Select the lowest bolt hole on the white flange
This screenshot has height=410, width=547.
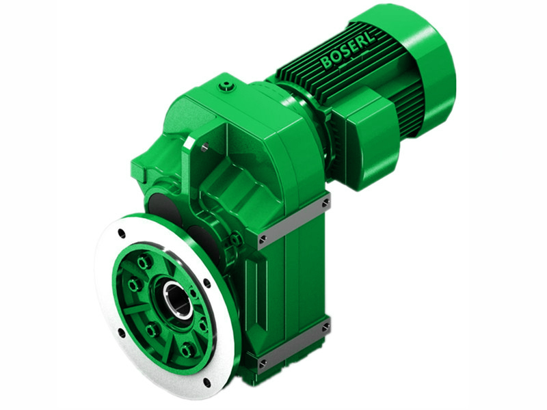tap(205, 381)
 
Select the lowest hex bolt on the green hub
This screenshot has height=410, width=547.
tap(186, 351)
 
